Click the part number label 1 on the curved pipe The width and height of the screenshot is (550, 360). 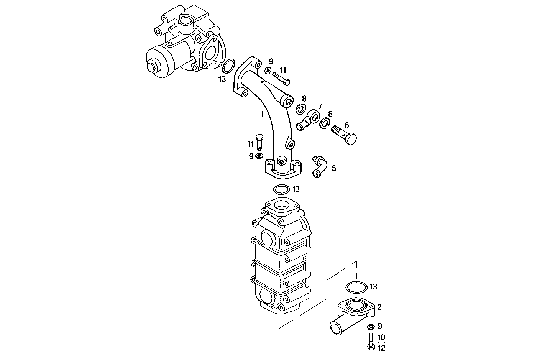tap(262, 114)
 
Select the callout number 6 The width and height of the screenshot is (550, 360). tap(346, 125)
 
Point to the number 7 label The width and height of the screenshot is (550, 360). tap(320, 106)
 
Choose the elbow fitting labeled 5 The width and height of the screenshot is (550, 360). tap(319, 167)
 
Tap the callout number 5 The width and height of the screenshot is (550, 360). tap(334, 168)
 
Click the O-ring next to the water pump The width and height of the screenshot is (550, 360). tap(228, 66)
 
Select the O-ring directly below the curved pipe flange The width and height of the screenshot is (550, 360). tap(281, 189)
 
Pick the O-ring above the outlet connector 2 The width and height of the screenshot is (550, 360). tap(356, 286)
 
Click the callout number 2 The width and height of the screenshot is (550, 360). tap(379, 307)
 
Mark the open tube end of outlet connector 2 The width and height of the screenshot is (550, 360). tap(335, 327)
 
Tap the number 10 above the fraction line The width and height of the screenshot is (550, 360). tap(381, 337)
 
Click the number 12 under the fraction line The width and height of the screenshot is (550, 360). tap(381, 348)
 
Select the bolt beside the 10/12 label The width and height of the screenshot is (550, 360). tap(370, 341)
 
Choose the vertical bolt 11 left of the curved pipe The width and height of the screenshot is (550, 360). tap(259, 142)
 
